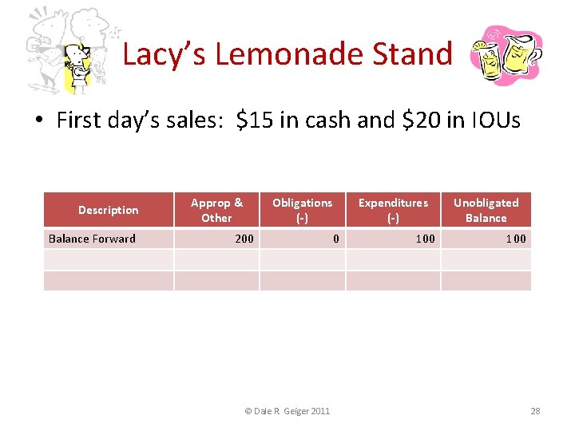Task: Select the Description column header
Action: [x=108, y=210]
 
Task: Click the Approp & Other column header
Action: [x=216, y=210]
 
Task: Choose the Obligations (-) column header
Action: [x=302, y=210]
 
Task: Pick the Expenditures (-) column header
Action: [x=393, y=210]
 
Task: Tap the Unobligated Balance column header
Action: [x=486, y=210]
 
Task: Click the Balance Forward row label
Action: [x=92, y=239]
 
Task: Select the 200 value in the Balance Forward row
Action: [x=244, y=239]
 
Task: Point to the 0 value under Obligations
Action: [x=336, y=239]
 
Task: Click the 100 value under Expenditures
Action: [x=426, y=239]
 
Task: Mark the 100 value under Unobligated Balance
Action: [x=516, y=239]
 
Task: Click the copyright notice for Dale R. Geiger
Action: [x=287, y=411]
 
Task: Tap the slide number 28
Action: [x=535, y=411]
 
